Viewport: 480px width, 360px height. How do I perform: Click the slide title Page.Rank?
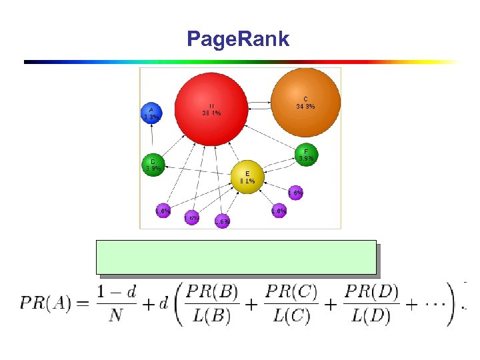pos(238,39)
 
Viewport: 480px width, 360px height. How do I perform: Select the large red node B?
pos(211,109)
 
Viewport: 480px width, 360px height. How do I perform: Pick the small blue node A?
pos(151,113)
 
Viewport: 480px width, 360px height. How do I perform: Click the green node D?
pos(153,165)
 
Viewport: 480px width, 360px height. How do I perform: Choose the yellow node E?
pos(247,177)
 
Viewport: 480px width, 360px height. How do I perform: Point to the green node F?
pos(306,155)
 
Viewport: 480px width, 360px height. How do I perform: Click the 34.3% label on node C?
pos(305,106)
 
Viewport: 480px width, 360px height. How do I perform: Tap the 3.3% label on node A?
pos(151,117)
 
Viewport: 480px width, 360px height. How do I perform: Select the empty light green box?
pos(237,257)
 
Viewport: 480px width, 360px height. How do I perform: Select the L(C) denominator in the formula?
pos(291,315)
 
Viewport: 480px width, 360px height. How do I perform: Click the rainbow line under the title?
pos(240,61)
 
